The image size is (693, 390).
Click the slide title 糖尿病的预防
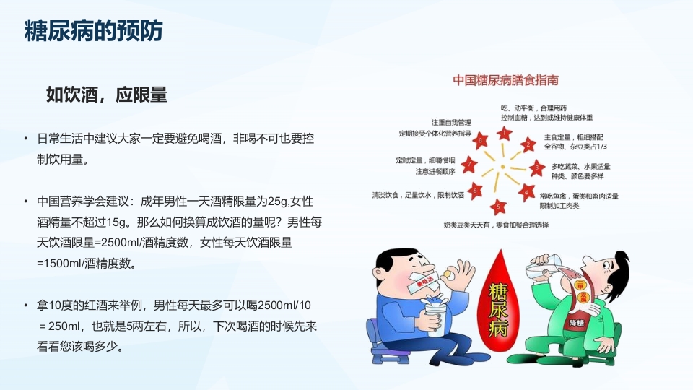click(x=93, y=31)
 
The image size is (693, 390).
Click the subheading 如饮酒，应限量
click(x=107, y=95)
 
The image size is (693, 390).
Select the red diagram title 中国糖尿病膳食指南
click(x=506, y=79)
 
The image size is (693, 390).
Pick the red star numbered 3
click(x=535, y=169)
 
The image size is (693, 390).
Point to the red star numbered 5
click(x=500, y=207)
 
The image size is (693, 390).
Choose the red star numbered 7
click(x=470, y=164)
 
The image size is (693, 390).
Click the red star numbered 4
click(x=528, y=193)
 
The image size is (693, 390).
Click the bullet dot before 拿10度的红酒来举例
click(x=27, y=304)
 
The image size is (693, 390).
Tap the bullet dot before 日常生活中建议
click(x=27, y=138)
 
